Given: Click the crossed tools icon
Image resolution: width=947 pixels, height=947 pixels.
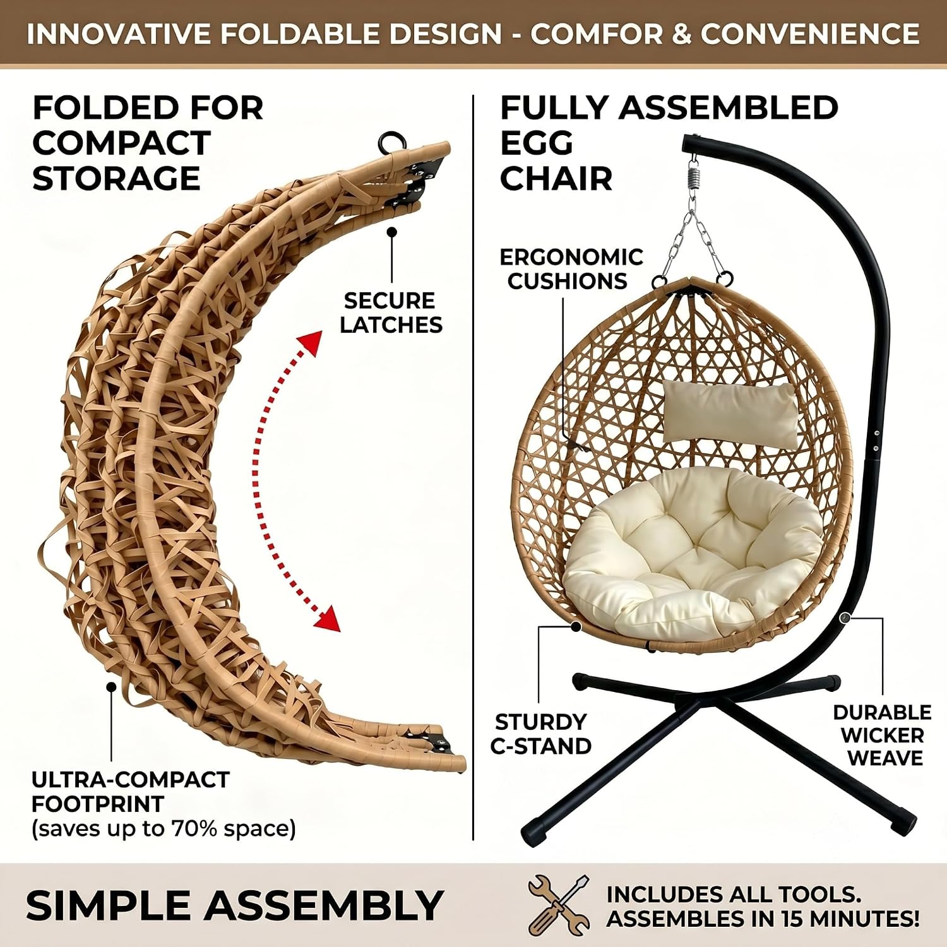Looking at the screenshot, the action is [559, 905].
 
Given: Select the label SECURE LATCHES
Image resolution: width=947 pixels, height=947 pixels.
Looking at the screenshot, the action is [391, 312].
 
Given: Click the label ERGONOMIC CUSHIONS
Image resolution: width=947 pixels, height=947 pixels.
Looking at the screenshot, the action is [571, 269].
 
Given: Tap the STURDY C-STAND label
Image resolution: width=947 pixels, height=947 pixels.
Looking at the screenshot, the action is [540, 734].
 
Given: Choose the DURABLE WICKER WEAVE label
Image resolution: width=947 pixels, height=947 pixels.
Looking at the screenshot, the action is [882, 735].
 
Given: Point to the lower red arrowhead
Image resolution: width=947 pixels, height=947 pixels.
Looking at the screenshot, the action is [328, 619].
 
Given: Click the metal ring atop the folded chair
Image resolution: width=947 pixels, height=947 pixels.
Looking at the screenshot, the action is [391, 142].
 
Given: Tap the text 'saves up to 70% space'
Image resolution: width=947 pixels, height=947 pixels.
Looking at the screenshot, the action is [164, 828].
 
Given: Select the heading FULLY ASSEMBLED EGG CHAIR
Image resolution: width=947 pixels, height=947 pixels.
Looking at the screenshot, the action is [669, 143].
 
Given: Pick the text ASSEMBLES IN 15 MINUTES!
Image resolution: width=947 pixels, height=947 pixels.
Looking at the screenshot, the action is [763, 919].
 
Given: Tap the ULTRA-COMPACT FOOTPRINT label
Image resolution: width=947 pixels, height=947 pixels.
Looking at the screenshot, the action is [130, 792].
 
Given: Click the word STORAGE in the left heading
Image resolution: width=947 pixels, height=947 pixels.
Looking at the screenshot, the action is [116, 178].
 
